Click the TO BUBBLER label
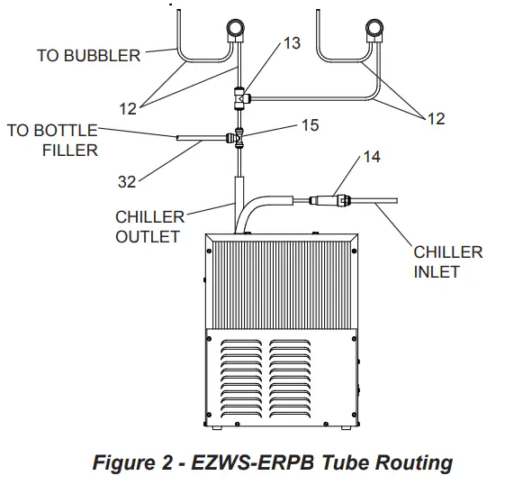tap(88, 56)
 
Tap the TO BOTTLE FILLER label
tap(52, 140)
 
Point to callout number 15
tap(309, 125)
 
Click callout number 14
tap(371, 157)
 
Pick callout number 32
tap(127, 181)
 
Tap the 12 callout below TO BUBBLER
tap(128, 108)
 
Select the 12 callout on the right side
tap(435, 118)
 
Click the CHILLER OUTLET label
tap(149, 227)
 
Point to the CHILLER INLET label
tap(447, 261)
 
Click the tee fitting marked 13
tap(239, 95)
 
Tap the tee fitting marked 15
tap(239, 139)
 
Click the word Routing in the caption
tap(409, 463)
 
